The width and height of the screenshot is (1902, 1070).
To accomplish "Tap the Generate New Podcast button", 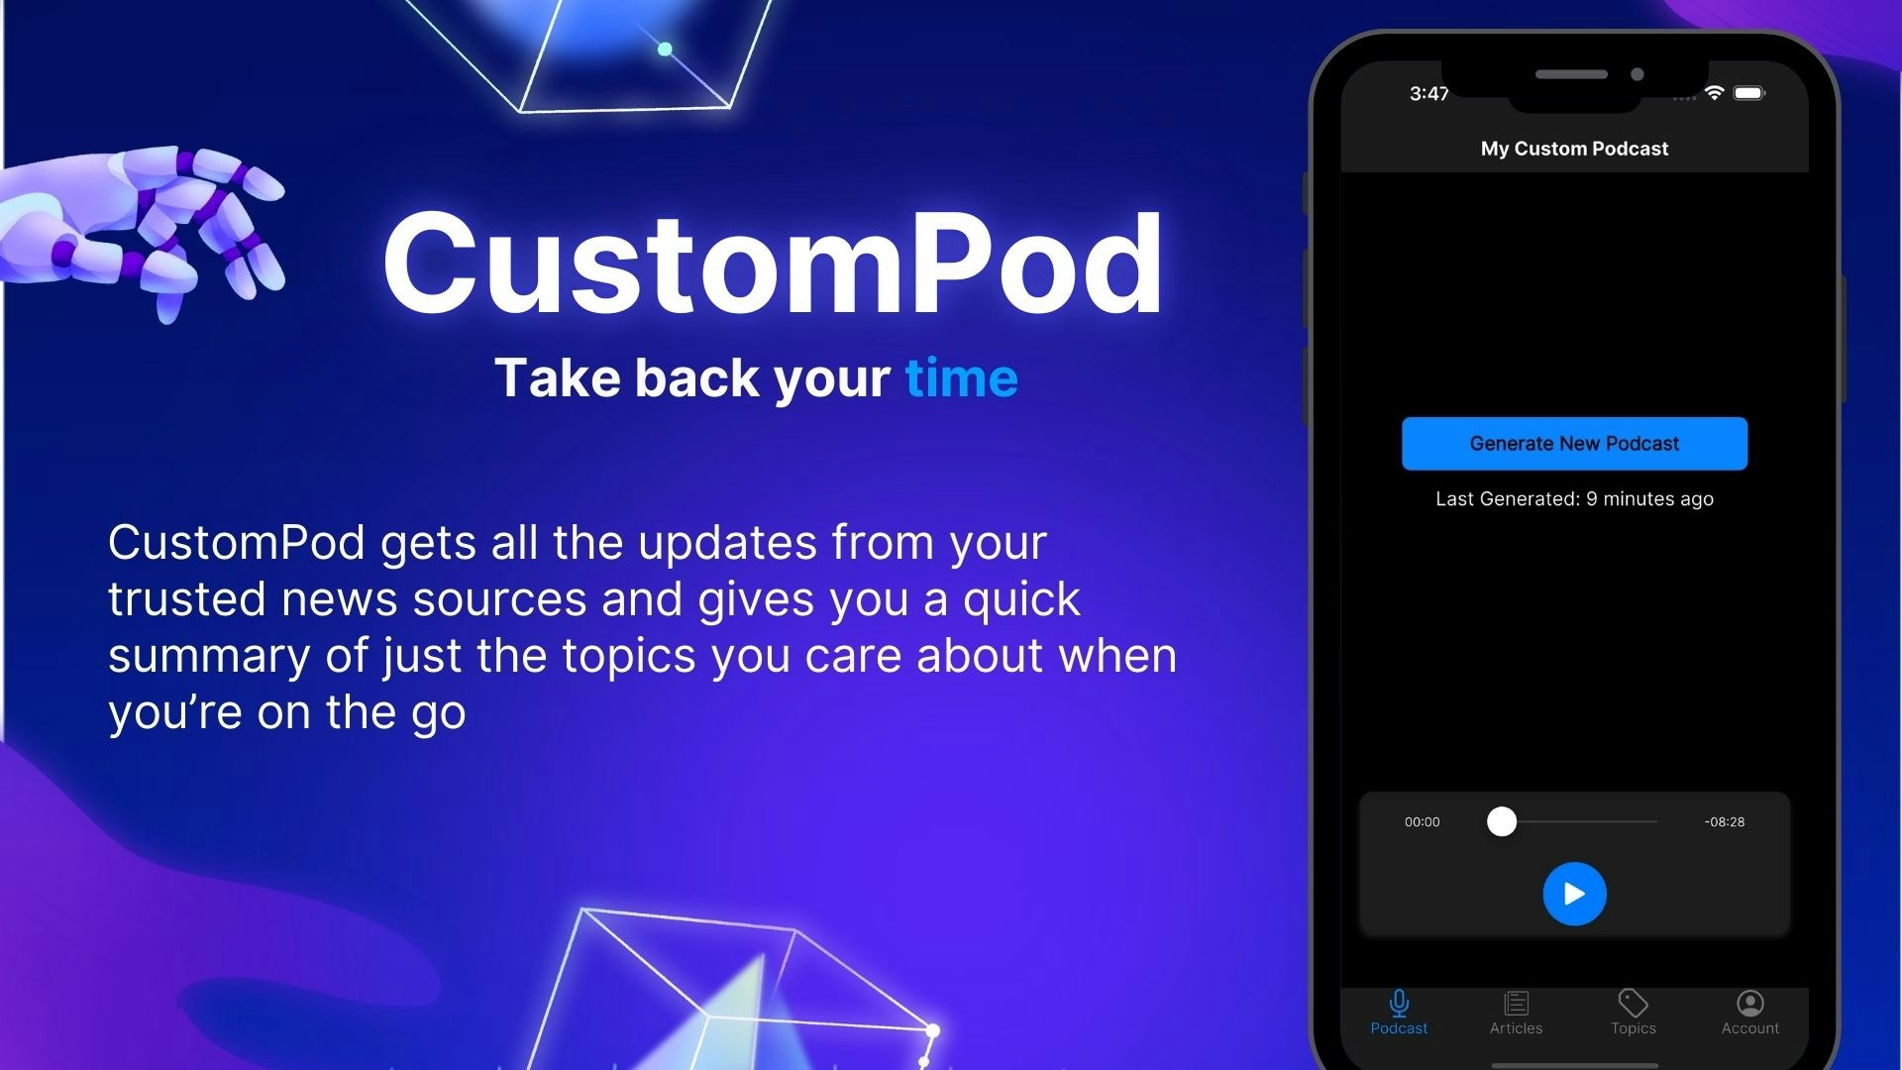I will pyautogui.click(x=1574, y=443).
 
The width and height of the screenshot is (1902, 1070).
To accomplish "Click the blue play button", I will pyautogui.click(x=1574, y=894).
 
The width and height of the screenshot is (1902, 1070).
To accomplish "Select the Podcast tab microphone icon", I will pyautogui.click(x=1399, y=1004).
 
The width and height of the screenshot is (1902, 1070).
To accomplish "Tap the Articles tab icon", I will pyautogui.click(x=1516, y=1004).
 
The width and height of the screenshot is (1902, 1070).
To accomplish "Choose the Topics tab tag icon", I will pyautogui.click(x=1633, y=1004).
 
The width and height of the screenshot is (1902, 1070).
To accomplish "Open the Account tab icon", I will pyautogui.click(x=1750, y=1004).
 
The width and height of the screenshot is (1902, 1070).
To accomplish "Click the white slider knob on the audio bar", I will pyautogui.click(x=1502, y=821).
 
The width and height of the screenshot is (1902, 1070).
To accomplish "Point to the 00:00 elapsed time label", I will pyautogui.click(x=1422, y=821).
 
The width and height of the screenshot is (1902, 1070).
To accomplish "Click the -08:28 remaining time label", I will pyautogui.click(x=1725, y=821).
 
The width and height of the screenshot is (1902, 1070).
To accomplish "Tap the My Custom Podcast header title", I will pyautogui.click(x=1574, y=149).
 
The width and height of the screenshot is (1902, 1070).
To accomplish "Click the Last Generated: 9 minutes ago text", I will pyautogui.click(x=1574, y=498).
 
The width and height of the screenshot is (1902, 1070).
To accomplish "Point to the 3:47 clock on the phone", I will pyautogui.click(x=1428, y=93).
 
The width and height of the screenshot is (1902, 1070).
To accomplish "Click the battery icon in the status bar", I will pyautogui.click(x=1748, y=93).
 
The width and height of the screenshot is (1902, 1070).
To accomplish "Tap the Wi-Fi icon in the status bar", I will pyautogui.click(x=1714, y=93).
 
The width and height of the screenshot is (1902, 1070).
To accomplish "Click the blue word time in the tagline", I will pyautogui.click(x=961, y=378).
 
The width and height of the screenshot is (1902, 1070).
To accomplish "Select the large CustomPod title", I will pyautogui.click(x=773, y=265).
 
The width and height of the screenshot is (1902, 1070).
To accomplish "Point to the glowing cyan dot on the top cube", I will pyautogui.click(x=665, y=49).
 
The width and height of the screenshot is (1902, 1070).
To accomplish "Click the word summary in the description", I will pyautogui.click(x=208, y=656).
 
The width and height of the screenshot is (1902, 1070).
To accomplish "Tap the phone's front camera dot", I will pyautogui.click(x=1638, y=74).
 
